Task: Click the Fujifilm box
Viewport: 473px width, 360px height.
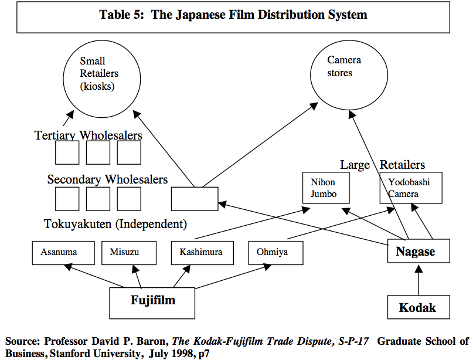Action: (152, 302)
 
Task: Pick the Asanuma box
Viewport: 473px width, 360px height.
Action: (59, 252)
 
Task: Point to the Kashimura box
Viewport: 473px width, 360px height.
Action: (202, 252)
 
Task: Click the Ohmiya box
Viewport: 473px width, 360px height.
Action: (275, 253)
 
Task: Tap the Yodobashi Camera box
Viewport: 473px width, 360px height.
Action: (410, 188)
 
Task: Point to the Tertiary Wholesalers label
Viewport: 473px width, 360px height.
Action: (88, 136)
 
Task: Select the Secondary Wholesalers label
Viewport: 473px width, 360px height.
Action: (107, 179)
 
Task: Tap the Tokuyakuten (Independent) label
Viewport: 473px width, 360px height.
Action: (115, 224)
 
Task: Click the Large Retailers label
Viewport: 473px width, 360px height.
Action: (382, 165)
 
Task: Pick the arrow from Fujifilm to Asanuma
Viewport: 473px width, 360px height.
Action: (94, 276)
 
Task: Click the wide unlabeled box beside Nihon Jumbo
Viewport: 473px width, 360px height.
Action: (194, 199)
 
